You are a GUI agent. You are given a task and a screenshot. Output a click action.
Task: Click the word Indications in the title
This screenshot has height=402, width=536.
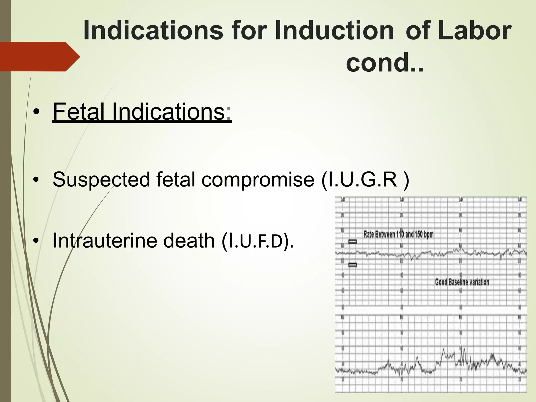point(153,31)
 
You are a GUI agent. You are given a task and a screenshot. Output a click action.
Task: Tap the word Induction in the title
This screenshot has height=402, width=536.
point(334,31)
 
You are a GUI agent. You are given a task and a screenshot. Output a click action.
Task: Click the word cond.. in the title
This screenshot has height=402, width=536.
point(384,63)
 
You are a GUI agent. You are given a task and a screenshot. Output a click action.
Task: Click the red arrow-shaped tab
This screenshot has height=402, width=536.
point(39,57)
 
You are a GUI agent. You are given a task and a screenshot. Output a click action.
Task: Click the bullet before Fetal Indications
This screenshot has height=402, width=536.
point(36,113)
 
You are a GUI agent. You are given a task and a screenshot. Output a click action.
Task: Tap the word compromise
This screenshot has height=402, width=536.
point(258,180)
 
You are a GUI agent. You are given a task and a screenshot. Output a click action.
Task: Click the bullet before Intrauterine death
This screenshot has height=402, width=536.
point(36,241)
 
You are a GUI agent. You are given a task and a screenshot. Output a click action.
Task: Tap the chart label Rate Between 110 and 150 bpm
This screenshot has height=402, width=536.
point(398,234)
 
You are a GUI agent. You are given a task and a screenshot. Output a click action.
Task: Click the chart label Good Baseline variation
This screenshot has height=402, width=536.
point(462,282)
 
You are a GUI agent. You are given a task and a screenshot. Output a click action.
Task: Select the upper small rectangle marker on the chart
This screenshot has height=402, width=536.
point(353,242)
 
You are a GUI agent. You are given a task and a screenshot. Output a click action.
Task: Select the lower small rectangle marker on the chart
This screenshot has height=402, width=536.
point(353,265)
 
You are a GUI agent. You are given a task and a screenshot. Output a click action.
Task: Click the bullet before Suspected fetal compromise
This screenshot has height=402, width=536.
point(36,180)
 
